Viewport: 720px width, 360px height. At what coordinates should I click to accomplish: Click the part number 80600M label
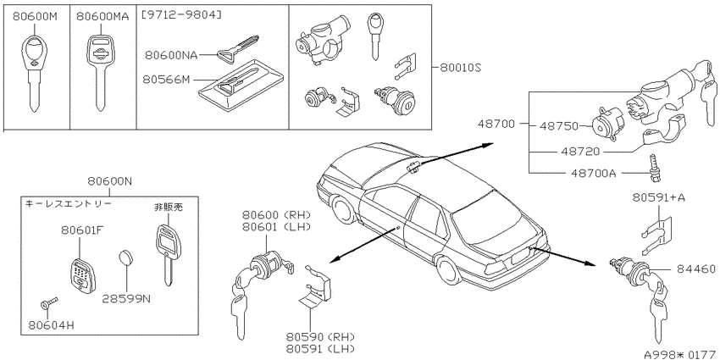click(35, 17)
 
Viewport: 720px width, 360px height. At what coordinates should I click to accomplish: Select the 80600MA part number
click(102, 17)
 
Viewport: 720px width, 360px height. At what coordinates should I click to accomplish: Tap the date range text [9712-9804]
click(181, 15)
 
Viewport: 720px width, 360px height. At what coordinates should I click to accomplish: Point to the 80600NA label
click(171, 56)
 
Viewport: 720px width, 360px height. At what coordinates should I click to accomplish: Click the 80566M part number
click(167, 80)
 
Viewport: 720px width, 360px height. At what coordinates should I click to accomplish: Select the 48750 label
click(559, 126)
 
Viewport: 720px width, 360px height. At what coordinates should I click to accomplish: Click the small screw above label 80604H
click(47, 303)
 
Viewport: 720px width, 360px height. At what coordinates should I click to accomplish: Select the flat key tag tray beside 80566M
click(230, 86)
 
